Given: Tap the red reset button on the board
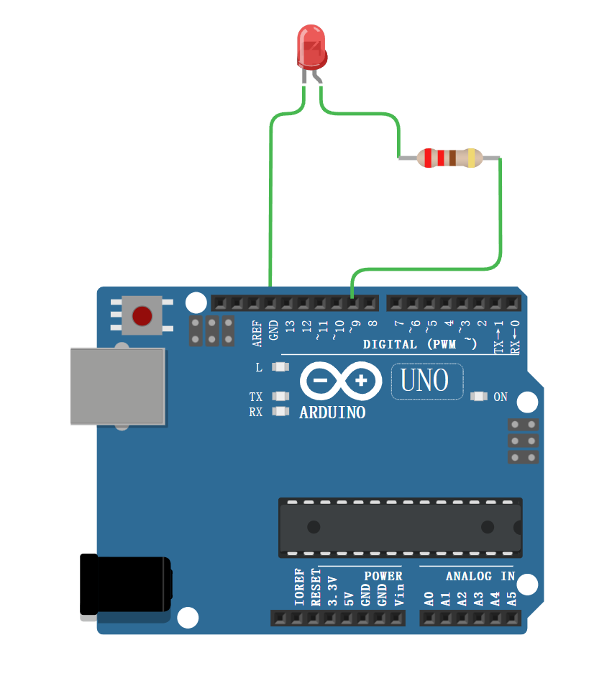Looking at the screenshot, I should (142, 315).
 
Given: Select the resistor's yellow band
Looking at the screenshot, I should (471, 158).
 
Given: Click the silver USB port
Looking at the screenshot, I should (117, 386).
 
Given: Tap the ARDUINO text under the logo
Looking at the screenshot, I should (332, 413).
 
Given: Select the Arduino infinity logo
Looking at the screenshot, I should (341, 380).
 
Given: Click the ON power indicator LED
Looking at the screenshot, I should (478, 397).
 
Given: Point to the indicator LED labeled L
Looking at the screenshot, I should (280, 367).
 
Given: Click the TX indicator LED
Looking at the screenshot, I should (280, 397).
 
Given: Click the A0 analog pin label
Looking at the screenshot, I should (429, 598).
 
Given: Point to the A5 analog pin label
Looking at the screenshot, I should (512, 598).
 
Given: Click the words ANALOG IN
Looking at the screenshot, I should (480, 576).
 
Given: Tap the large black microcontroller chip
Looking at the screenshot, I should (400, 527).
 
